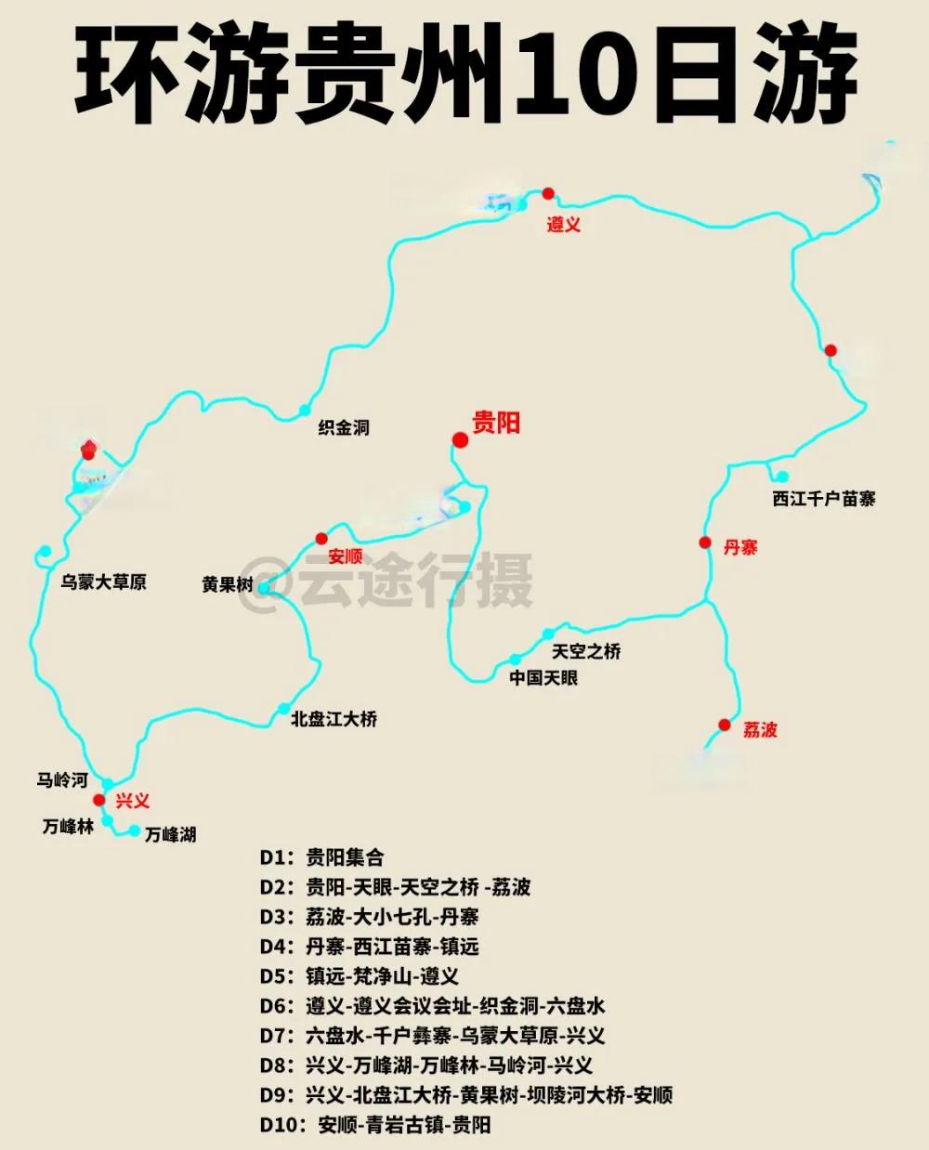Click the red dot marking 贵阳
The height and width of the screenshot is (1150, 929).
pos(459,439)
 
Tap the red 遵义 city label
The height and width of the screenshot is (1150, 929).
pos(563,225)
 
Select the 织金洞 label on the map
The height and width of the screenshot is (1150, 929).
pos(344,427)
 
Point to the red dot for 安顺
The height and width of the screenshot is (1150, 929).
pos(321,538)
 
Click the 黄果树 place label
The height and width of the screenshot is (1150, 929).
pos(228,585)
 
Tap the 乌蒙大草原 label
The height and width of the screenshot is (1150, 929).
pos(103,582)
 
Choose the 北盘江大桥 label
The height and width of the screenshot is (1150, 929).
pos(334,719)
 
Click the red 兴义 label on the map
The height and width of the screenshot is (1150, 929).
pos(132,801)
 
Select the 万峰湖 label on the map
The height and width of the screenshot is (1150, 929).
pos(170,834)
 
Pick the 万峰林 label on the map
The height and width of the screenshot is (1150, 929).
pos(68,827)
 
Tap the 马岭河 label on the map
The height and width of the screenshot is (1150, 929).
pos(62,780)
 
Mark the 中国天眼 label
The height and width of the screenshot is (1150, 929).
pos(543,678)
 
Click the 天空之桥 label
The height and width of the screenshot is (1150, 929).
pos(585,651)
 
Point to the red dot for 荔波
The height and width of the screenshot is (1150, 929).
pos(725,725)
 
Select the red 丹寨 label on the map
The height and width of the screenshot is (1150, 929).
pos(740,547)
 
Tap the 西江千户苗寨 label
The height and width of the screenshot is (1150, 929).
pos(823,499)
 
